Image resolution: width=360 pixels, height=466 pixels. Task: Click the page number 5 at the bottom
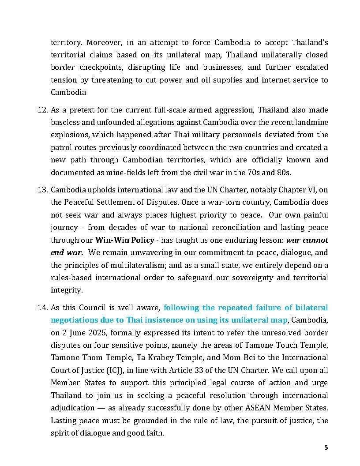pos(326,447)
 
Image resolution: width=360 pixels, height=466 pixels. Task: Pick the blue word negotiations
pos(72,319)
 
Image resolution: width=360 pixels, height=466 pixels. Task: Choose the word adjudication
pos(72,408)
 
